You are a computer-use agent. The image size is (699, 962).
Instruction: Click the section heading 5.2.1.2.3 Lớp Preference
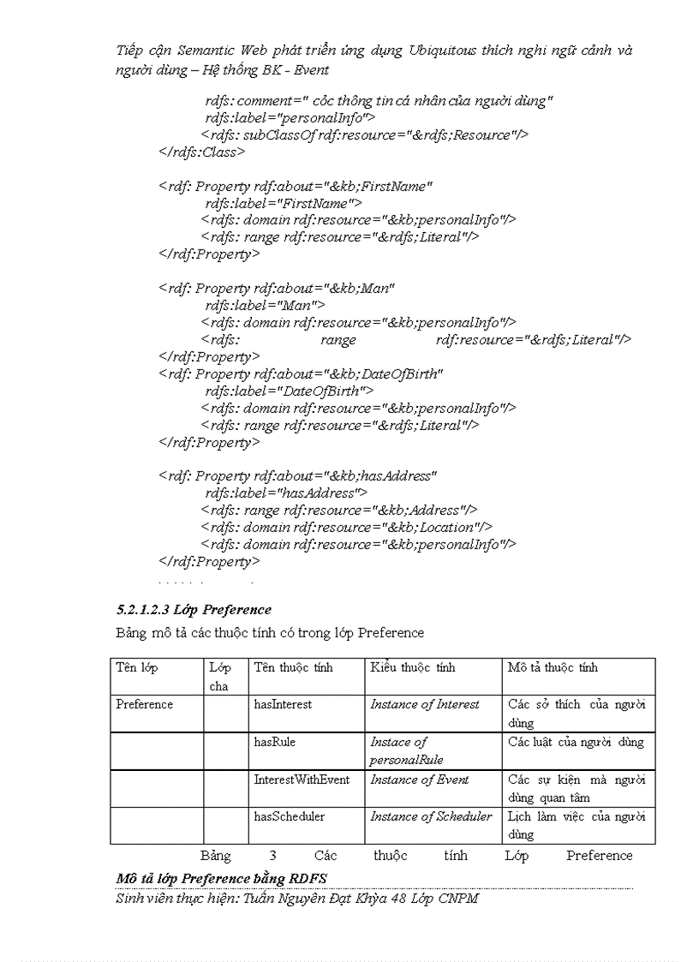[194, 610]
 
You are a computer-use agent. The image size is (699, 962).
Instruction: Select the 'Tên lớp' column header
[137, 667]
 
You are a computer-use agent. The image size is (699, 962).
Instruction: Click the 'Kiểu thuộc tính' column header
[412, 667]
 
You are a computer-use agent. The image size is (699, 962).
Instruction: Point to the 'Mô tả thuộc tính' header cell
[553, 667]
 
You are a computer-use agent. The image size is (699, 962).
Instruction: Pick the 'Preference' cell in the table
[145, 704]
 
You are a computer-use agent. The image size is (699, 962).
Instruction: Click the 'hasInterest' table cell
[283, 704]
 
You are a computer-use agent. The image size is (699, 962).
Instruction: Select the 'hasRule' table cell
[274, 742]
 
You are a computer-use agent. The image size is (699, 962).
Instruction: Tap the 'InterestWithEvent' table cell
[302, 780]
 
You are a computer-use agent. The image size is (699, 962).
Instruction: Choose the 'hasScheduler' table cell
[289, 816]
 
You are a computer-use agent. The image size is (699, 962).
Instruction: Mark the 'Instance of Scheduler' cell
[431, 816]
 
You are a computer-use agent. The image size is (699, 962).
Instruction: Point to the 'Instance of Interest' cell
[425, 704]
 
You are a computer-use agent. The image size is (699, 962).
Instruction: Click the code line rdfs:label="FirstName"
[283, 203]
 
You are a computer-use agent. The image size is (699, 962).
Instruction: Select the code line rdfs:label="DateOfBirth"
[289, 391]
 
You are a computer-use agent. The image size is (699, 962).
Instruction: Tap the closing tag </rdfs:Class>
[202, 152]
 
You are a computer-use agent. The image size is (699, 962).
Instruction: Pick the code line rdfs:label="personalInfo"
[290, 117]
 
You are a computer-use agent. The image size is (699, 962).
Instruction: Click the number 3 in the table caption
[272, 855]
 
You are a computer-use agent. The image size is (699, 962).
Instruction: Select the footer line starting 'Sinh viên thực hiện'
[296, 899]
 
